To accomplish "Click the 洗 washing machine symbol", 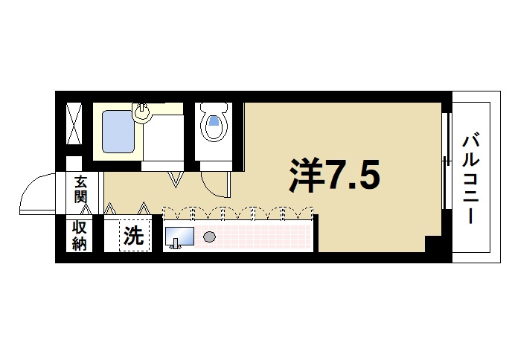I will pyautogui.click(x=133, y=236).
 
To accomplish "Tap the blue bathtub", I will pyautogui.click(x=117, y=132).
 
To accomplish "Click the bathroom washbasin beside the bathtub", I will pyautogui.click(x=142, y=112).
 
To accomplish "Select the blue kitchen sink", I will pyautogui.click(x=179, y=237).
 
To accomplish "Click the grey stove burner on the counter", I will pyautogui.click(x=209, y=237).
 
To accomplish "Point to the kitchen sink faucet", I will pyautogui.click(x=175, y=246).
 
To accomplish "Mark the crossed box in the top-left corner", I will pyautogui.click(x=74, y=124).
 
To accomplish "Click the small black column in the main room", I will pyautogui.click(x=432, y=243).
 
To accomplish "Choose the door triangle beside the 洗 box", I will pyautogui.click(x=144, y=207).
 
